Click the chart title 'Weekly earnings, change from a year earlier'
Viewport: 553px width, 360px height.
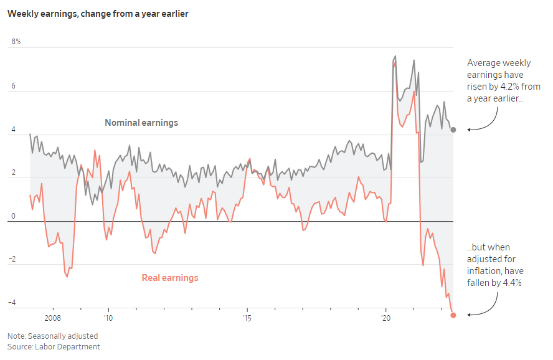(x=98, y=14)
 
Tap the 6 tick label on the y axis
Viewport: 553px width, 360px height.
(x=13, y=86)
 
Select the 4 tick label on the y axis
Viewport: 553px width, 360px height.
(x=13, y=130)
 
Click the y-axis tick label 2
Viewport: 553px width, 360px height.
(x=13, y=173)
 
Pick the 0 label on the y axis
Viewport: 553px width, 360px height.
(x=13, y=217)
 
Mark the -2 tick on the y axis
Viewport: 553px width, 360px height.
(x=12, y=260)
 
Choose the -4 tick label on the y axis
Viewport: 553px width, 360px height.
(x=12, y=304)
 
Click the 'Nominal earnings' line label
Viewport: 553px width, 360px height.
(x=141, y=123)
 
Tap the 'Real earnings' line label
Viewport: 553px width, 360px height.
(x=170, y=278)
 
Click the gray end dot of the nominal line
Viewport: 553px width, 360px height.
(x=453, y=130)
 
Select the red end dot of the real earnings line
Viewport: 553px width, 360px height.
(x=453, y=315)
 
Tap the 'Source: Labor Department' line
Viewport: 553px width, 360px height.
(x=54, y=347)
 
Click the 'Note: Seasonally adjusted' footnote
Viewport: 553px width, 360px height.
(x=52, y=336)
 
